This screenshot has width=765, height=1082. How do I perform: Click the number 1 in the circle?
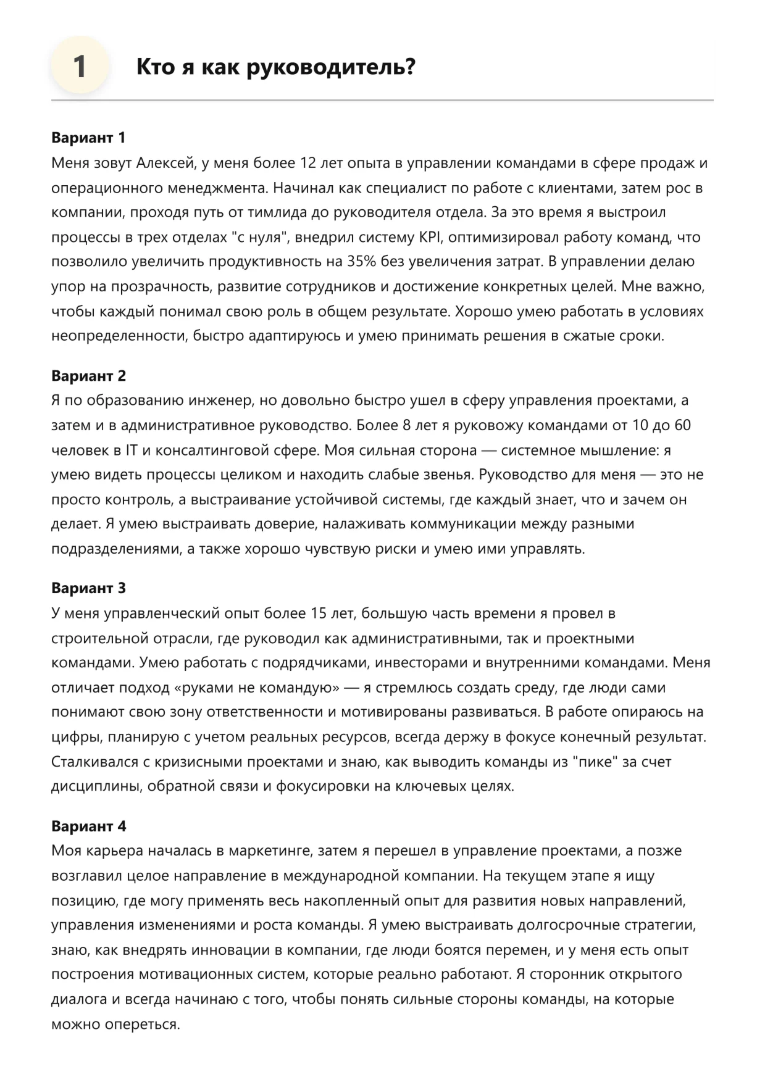pyautogui.click(x=80, y=66)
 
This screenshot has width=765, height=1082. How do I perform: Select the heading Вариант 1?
pyautogui.click(x=88, y=138)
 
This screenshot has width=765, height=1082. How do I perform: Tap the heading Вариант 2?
pyautogui.click(x=88, y=375)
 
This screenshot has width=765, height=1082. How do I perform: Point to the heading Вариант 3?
pyautogui.click(x=88, y=588)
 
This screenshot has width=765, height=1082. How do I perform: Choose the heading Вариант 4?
pyautogui.click(x=88, y=826)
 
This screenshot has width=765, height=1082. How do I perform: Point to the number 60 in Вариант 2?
pyautogui.click(x=682, y=425)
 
